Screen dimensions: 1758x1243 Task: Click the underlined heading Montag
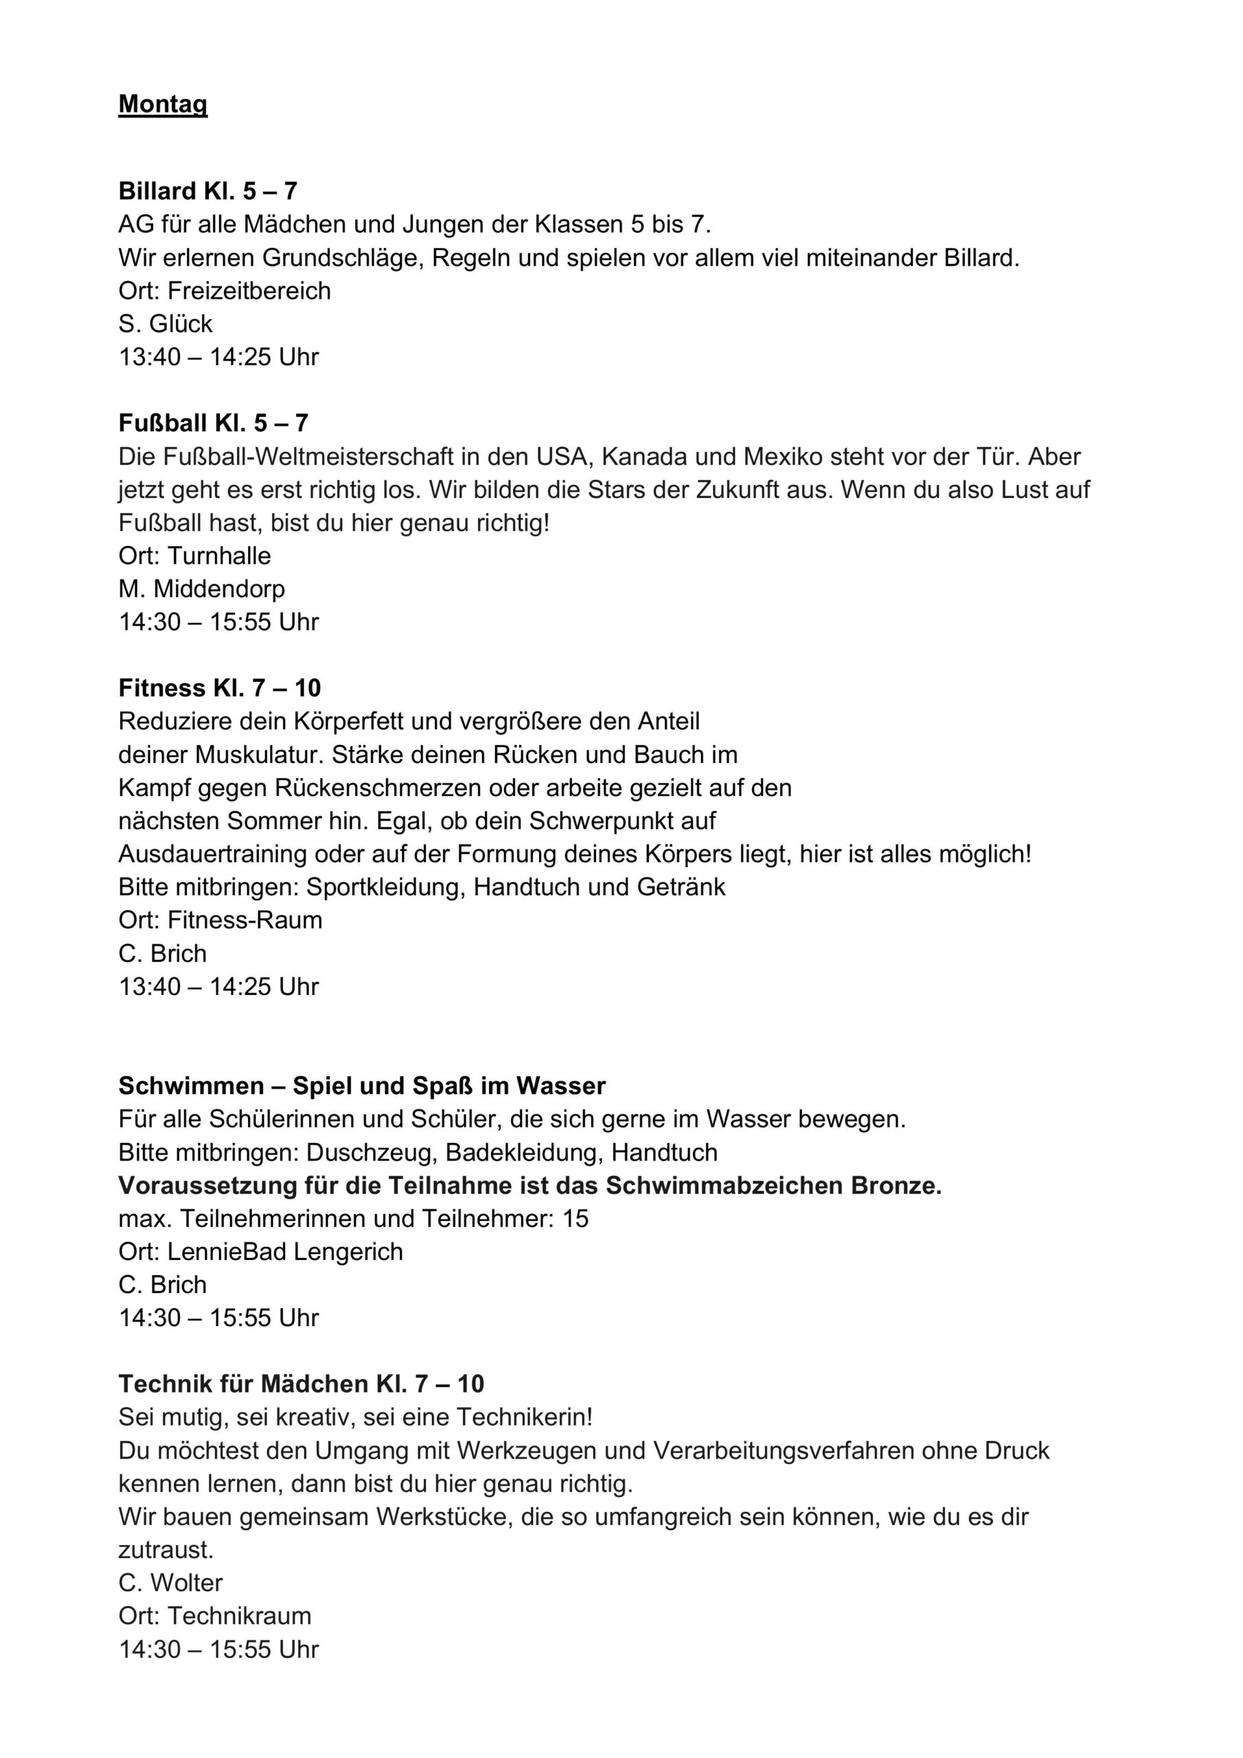[x=162, y=104]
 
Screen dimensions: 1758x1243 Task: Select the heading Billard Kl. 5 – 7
[x=207, y=191]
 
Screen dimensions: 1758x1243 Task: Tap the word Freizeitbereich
[x=249, y=291]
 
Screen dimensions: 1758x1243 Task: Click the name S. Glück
[x=165, y=324]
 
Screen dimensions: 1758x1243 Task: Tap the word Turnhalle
[x=219, y=555]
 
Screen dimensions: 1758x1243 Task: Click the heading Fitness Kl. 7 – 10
[x=220, y=687]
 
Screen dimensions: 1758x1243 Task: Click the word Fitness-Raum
[x=245, y=920]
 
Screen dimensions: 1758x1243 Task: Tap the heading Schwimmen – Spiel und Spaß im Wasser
[x=361, y=1086]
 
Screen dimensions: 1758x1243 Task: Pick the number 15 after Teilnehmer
[x=575, y=1218]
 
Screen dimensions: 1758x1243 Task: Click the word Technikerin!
[x=525, y=1417]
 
